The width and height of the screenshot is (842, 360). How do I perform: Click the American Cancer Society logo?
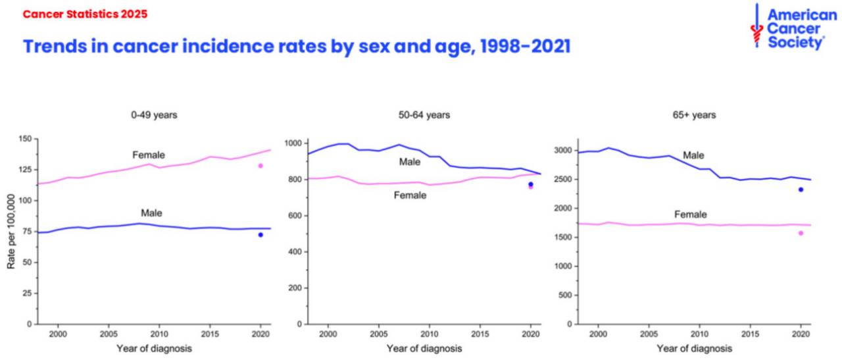click(793, 27)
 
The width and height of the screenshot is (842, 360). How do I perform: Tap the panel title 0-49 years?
click(154, 115)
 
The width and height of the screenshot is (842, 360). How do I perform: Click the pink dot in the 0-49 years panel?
click(260, 166)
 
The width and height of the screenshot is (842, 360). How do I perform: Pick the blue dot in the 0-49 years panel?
click(260, 235)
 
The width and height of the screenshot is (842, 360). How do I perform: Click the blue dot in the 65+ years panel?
click(801, 190)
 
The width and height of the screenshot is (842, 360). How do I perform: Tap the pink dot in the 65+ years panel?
click(801, 233)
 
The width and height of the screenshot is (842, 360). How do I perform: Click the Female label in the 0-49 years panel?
click(149, 155)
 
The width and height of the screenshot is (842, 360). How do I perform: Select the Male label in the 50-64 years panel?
click(409, 162)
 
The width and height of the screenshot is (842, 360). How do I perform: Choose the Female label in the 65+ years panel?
click(691, 215)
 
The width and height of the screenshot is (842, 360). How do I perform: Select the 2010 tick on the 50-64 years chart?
click(430, 334)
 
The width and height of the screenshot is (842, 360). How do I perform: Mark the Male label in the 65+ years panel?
click(693, 155)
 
